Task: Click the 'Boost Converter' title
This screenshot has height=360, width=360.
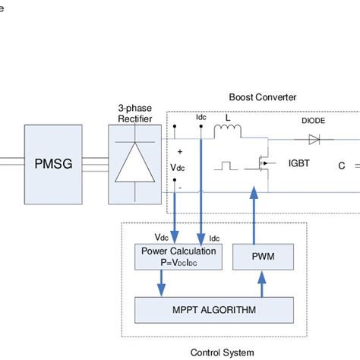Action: point(262,98)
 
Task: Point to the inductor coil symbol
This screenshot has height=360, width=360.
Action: point(227,134)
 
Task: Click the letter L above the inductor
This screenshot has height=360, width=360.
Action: point(227,120)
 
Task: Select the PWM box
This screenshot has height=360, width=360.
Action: point(262,257)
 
